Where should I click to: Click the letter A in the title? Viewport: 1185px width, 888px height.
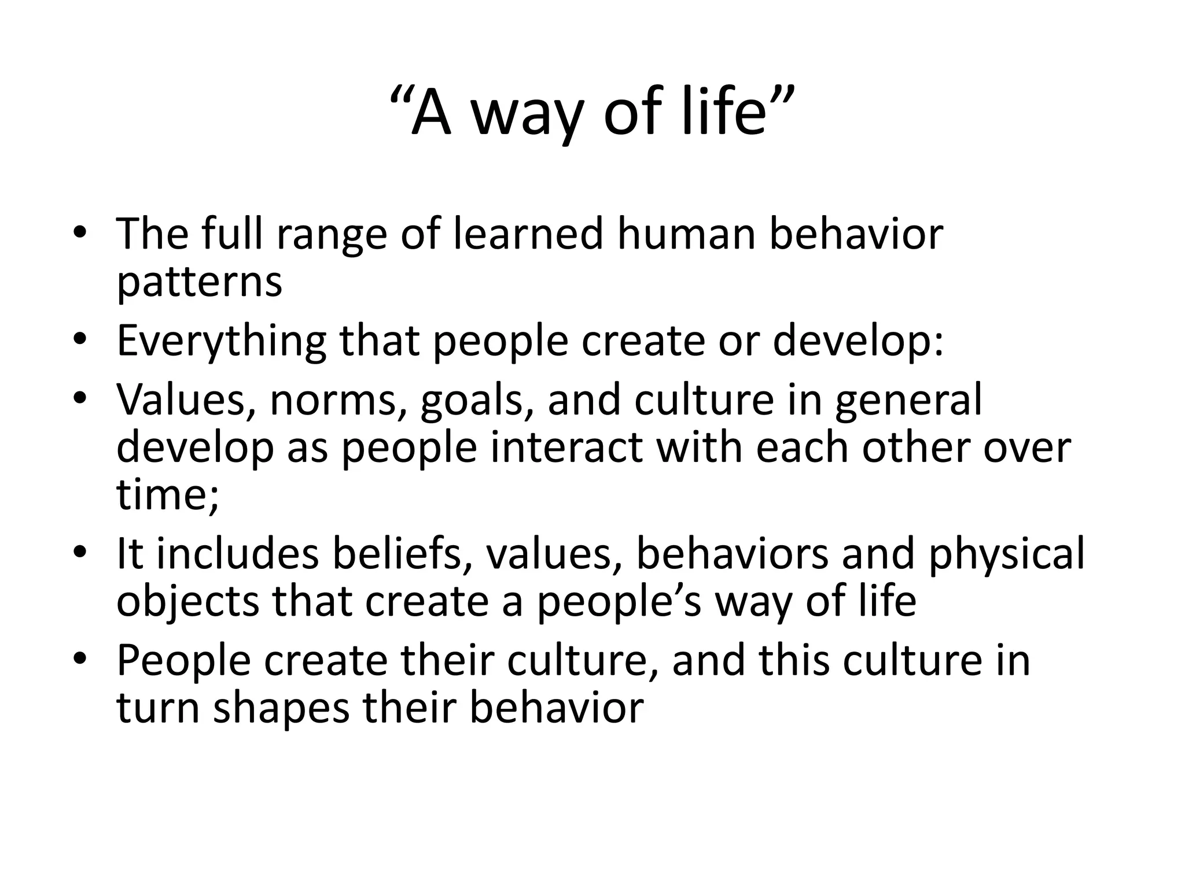(430, 113)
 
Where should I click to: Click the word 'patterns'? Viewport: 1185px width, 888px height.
(199, 283)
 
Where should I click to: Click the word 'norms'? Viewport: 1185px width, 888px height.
(341, 401)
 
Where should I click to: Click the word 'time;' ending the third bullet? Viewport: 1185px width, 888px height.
(168, 495)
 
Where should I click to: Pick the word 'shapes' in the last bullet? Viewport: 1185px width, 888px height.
(281, 710)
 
